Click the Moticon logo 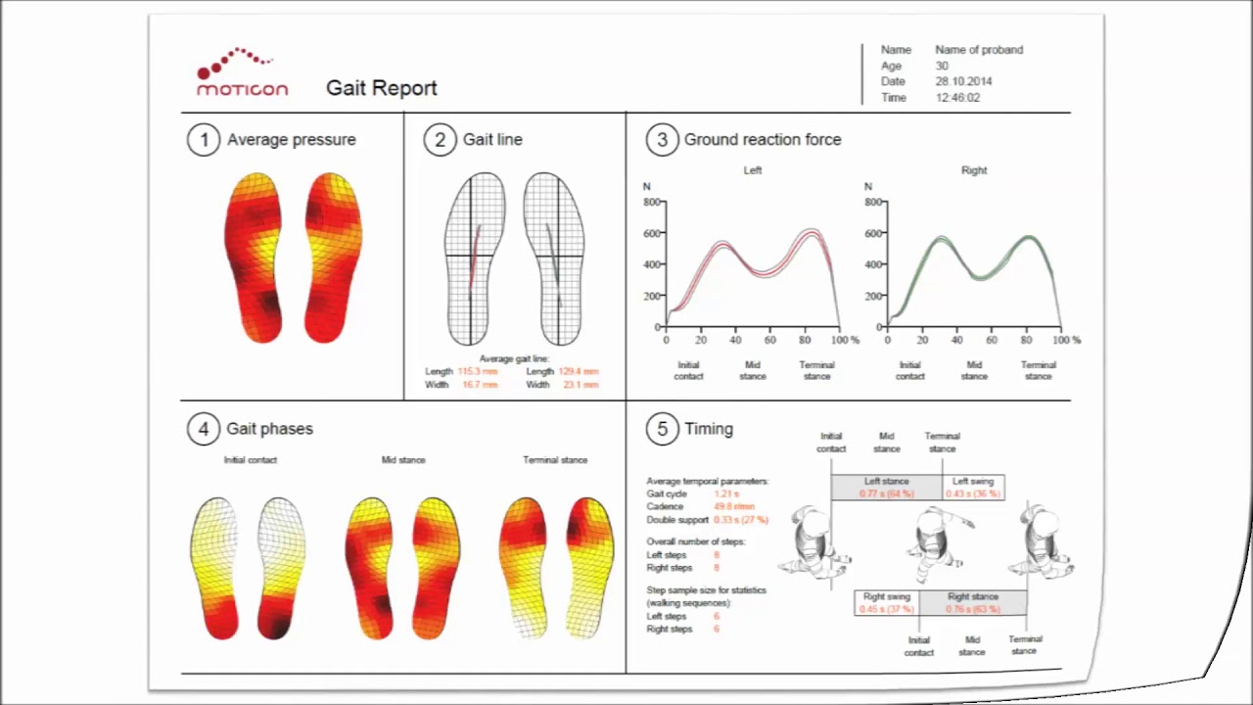coord(242,73)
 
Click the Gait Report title coord(381,88)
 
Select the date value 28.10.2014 coord(963,82)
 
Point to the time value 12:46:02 coord(957,98)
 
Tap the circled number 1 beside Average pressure coord(204,140)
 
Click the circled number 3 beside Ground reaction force coord(662,140)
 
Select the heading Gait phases coord(269,429)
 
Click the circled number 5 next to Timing coord(662,429)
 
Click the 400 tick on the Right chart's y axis coord(873,264)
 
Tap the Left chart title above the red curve coord(752,170)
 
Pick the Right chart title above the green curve coord(974,170)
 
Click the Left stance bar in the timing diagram coord(886,487)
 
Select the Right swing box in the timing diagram coord(886,602)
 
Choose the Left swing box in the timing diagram coord(973,487)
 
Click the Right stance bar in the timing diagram coord(972,602)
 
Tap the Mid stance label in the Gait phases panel coord(403,460)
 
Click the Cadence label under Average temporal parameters coord(665,507)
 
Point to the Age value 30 coord(942,66)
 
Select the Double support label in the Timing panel coord(677,520)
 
